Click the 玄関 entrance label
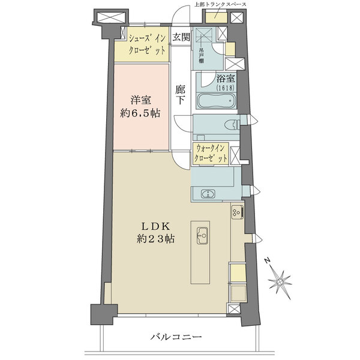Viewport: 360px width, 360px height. pyautogui.click(x=181, y=37)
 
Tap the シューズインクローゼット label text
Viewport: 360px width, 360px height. pyautogui.click(x=147, y=44)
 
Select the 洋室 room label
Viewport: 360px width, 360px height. pyautogui.click(x=141, y=101)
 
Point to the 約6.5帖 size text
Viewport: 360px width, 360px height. pyautogui.click(x=140, y=113)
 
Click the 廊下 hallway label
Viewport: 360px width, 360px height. pyautogui.click(x=180, y=95)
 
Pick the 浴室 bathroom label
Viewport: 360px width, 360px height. pyautogui.click(x=226, y=79)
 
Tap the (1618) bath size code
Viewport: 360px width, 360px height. pyautogui.click(x=225, y=88)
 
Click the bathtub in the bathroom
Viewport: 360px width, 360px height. pyautogui.click(x=216, y=101)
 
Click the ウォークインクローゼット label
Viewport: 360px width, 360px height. pyautogui.click(x=211, y=154)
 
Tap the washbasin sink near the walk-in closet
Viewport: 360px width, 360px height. pyautogui.click(x=208, y=194)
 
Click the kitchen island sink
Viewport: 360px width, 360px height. pyautogui.click(x=202, y=236)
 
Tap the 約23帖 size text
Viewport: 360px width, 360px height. pyautogui.click(x=155, y=239)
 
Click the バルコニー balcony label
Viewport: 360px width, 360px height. pyautogui.click(x=176, y=337)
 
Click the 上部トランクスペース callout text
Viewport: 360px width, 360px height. pyautogui.click(x=220, y=4)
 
